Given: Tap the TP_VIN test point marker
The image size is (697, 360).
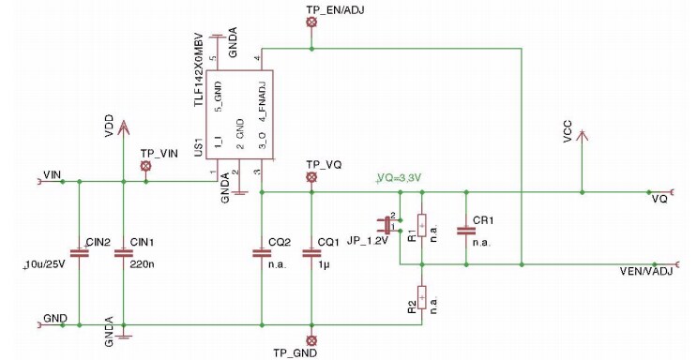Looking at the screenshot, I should coord(145,167).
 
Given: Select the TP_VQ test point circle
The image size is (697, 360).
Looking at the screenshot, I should coord(312,176).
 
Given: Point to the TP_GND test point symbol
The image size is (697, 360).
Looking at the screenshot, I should coord(312,339).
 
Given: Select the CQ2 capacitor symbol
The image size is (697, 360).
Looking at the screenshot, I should coord(261,252).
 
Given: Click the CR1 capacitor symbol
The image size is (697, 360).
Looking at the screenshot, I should coord(463,230).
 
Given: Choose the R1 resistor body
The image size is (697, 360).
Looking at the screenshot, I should coord(421,227).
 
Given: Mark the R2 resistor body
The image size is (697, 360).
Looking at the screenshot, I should coord(421,297).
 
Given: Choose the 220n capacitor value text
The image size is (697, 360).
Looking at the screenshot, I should coord(142,265).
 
